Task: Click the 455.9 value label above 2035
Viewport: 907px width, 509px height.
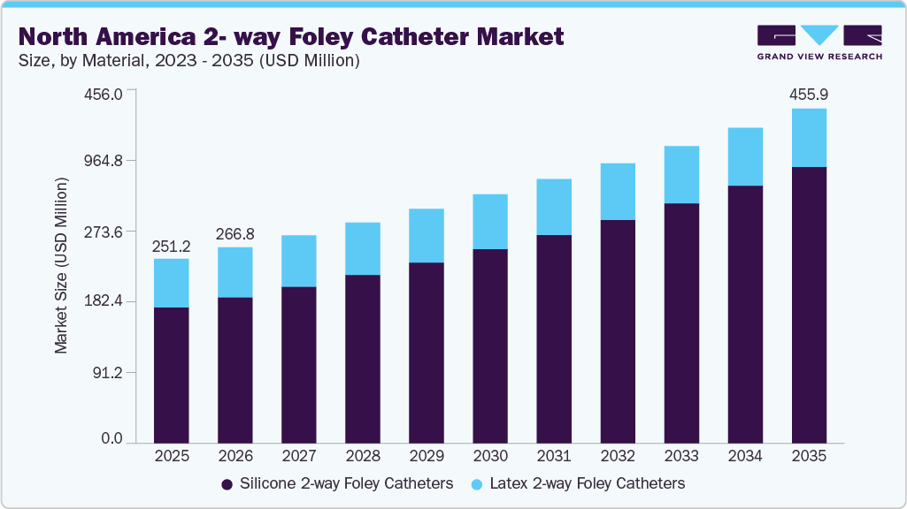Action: point(809,95)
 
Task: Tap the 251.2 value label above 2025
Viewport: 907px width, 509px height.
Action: point(172,245)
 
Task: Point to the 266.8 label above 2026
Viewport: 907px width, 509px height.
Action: point(235,233)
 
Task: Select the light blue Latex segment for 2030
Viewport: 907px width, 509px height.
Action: point(490,222)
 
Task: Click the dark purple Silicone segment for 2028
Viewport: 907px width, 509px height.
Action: point(363,358)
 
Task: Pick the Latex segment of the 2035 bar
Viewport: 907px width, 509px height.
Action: point(809,138)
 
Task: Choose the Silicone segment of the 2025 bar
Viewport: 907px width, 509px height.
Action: point(172,375)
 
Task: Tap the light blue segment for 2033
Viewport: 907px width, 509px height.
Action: point(681,175)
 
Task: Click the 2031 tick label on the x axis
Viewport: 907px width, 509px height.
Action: point(554,457)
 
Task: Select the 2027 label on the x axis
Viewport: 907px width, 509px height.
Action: point(299,457)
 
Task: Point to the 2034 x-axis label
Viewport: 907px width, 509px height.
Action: point(745,457)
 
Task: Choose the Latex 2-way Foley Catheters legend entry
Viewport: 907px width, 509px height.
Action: point(579,483)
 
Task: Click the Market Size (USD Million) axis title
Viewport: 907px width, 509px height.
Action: point(61,265)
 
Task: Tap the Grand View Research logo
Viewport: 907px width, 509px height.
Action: point(819,42)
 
